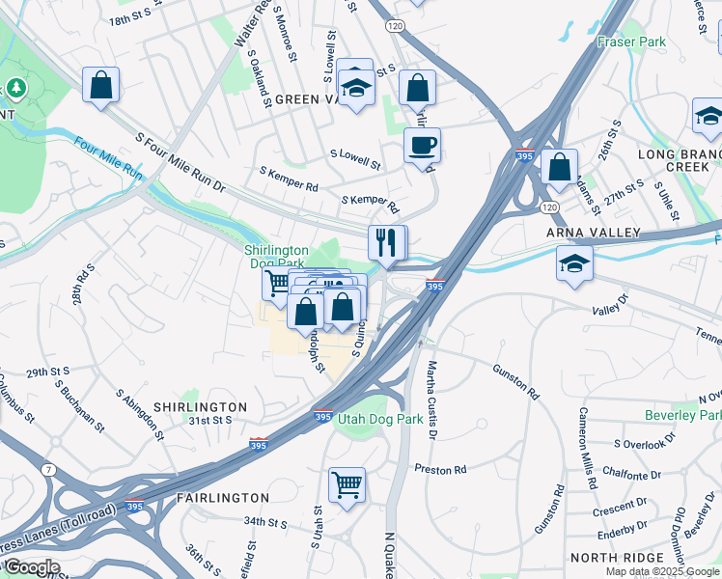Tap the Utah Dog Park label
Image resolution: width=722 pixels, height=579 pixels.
tap(380, 419)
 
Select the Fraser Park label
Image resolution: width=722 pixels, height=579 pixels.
tap(631, 42)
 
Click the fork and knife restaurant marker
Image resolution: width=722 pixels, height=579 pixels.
tap(387, 243)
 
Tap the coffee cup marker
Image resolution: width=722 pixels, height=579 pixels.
tap(422, 147)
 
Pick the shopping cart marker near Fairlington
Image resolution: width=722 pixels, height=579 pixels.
tap(347, 484)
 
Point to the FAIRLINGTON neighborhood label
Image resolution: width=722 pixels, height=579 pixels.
tap(223, 498)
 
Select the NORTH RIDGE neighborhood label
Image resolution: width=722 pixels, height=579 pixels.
tap(617, 558)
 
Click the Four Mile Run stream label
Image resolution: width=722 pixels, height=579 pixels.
tap(108, 160)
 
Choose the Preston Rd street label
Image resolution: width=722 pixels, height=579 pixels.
tap(440, 470)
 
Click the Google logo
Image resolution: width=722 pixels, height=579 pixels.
tap(31, 567)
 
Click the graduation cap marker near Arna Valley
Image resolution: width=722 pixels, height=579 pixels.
tap(574, 263)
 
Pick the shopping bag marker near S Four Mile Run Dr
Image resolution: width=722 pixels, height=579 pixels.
tap(100, 87)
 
